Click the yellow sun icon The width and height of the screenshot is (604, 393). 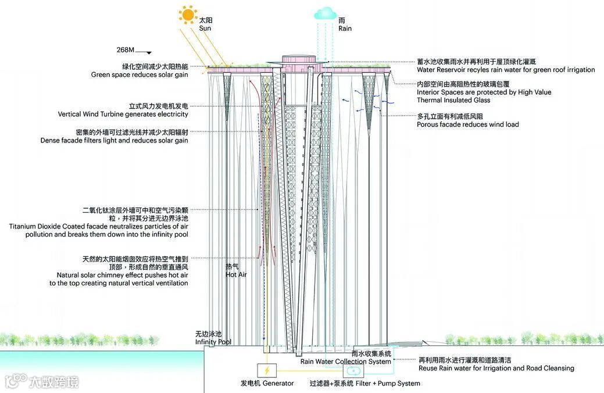point(188,14)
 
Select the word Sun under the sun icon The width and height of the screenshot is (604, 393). point(206,28)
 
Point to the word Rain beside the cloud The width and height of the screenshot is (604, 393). point(345,28)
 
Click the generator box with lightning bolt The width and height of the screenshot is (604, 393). point(267,370)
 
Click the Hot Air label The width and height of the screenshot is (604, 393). point(236,274)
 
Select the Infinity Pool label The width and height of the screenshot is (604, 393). point(213,342)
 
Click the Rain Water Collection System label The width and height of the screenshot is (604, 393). point(345,362)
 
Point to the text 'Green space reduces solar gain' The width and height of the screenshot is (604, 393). point(140,75)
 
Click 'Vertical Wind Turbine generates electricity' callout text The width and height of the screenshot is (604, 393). point(123,115)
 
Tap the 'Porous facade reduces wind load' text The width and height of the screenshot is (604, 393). point(467,124)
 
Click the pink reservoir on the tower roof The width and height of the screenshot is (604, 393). point(300,60)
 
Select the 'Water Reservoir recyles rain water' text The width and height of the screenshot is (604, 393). point(506,70)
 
